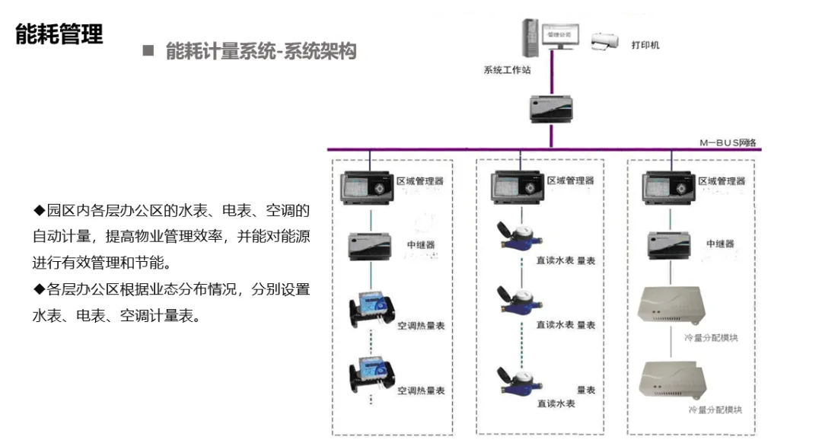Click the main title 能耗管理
point(59,34)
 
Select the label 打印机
point(645,45)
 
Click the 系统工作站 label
point(507,70)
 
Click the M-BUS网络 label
point(727,142)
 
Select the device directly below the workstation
point(550,109)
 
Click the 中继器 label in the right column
point(720,244)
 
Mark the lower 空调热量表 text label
point(420,391)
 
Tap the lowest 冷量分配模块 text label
point(714,410)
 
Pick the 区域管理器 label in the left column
point(419,181)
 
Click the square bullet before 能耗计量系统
point(148,52)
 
